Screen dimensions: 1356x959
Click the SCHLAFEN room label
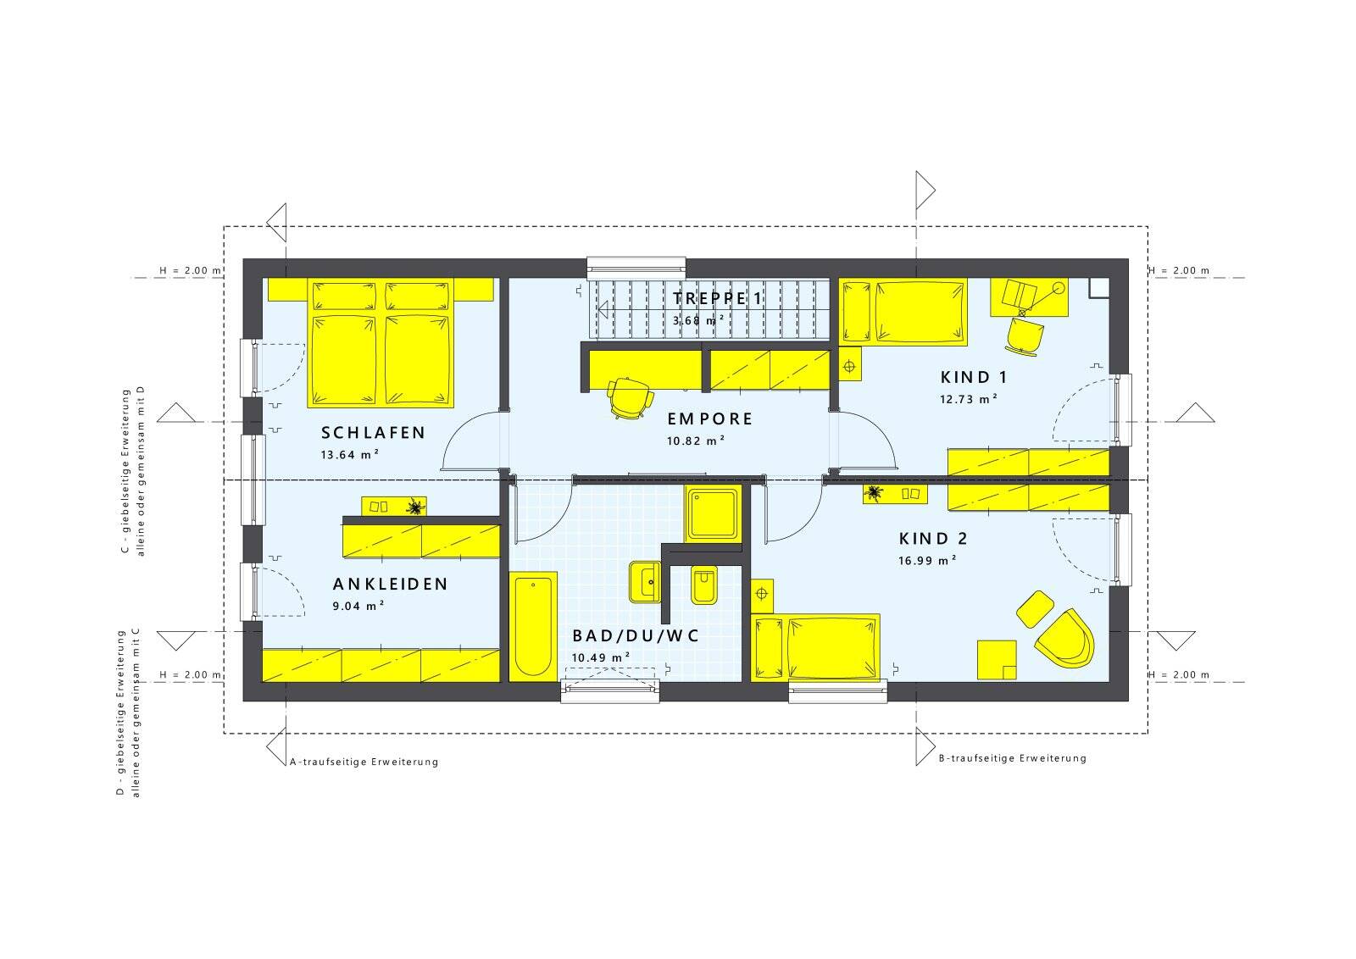tap(373, 433)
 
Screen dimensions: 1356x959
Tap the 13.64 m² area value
tap(350, 454)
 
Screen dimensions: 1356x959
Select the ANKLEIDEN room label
tap(391, 584)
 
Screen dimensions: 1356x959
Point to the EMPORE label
tap(710, 419)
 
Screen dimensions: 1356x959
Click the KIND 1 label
tap(974, 377)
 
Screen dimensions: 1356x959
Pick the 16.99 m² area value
tap(927, 560)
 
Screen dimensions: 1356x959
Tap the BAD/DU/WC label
tap(636, 635)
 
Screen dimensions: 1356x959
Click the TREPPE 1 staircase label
tap(718, 297)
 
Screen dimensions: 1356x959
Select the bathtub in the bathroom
tap(533, 627)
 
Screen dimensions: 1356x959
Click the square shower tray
tap(713, 513)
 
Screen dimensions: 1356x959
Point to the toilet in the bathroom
tap(704, 585)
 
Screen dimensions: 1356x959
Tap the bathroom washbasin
tap(645, 582)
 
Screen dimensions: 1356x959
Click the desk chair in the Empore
tap(631, 397)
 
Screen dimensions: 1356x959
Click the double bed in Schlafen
tap(381, 342)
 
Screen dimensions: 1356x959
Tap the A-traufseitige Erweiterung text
tap(364, 762)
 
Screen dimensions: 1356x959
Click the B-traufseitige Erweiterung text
tap(1012, 758)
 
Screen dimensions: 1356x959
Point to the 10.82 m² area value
tap(696, 441)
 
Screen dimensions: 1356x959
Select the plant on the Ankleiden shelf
tap(414, 507)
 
